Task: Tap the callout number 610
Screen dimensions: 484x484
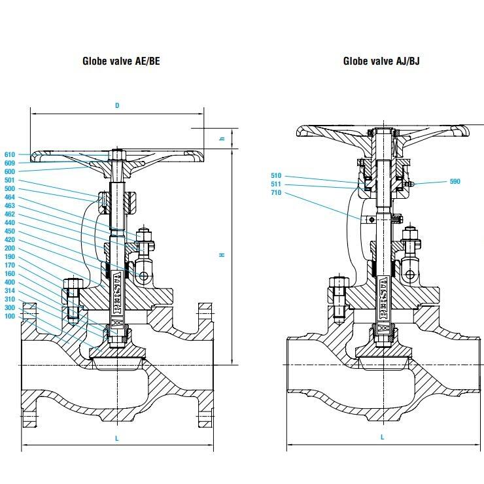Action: (x=9, y=154)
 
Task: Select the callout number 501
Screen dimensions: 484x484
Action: (x=9, y=181)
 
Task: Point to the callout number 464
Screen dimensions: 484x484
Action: (x=9, y=198)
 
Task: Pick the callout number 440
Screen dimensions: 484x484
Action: (x=9, y=223)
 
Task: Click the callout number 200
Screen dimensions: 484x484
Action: (x=9, y=249)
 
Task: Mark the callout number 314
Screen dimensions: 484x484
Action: (x=9, y=291)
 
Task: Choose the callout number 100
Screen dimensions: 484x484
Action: (x=9, y=317)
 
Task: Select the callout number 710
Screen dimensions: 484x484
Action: (x=275, y=193)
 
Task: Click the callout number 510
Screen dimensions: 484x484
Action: (x=275, y=175)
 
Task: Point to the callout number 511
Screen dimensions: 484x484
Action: (x=275, y=184)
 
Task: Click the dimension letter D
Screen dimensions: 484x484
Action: (x=117, y=105)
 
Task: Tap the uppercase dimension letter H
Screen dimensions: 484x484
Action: (x=222, y=254)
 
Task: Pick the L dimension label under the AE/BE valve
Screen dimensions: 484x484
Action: (x=117, y=439)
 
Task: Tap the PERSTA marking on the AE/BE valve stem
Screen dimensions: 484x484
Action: (x=118, y=288)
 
